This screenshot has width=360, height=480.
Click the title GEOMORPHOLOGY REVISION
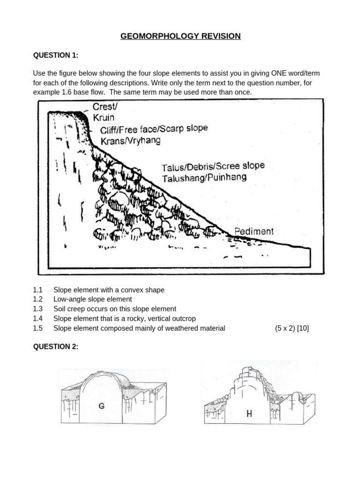pyautogui.click(x=180, y=36)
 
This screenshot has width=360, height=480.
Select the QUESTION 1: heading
pyautogui.click(x=55, y=55)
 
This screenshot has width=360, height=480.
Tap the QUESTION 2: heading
pyautogui.click(x=55, y=346)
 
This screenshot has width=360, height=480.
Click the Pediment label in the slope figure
pyautogui.click(x=254, y=231)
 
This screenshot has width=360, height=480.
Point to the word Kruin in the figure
pyautogui.click(x=103, y=118)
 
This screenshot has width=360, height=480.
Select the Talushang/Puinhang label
pyautogui.click(x=204, y=178)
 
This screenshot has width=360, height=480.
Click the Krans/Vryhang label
pyautogui.click(x=130, y=140)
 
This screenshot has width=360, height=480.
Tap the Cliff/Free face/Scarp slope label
pyautogui.click(x=154, y=129)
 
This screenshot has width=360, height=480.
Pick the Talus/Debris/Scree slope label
pyautogui.click(x=213, y=166)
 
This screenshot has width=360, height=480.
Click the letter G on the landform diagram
pyautogui.click(x=101, y=407)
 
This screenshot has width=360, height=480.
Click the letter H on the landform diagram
pyautogui.click(x=249, y=414)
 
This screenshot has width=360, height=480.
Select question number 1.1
pyautogui.click(x=37, y=290)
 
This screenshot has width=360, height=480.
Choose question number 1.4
pyautogui.click(x=37, y=319)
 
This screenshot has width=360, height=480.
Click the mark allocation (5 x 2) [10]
pyautogui.click(x=292, y=328)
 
